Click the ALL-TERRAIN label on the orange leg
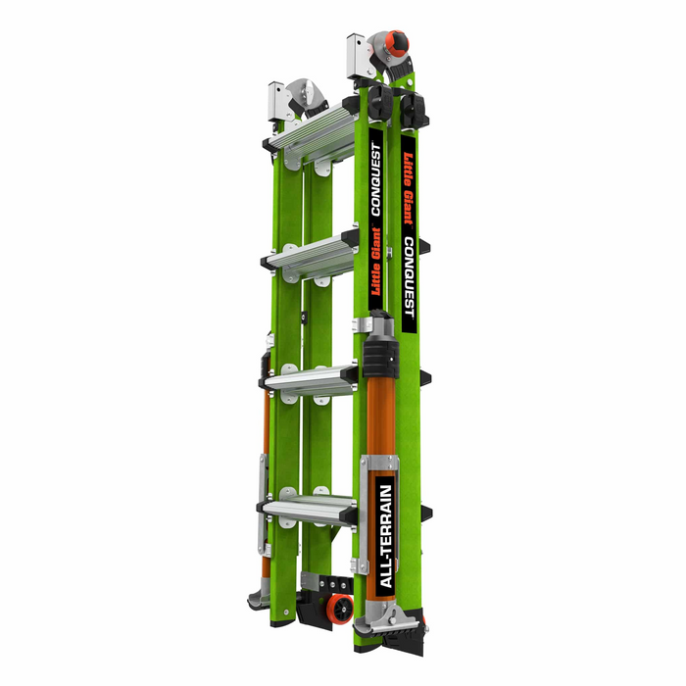(386, 535)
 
